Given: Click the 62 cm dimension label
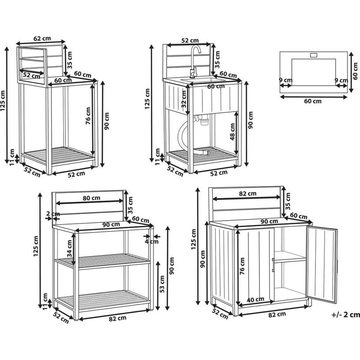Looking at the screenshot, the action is pyautogui.click(x=42, y=38).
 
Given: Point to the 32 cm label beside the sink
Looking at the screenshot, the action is pyautogui.click(x=184, y=99).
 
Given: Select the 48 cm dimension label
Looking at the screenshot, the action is pyautogui.click(x=232, y=132).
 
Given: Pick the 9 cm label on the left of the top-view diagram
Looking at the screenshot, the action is pyautogui.click(x=285, y=80).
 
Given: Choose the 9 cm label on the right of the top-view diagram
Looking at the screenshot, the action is pyautogui.click(x=341, y=80).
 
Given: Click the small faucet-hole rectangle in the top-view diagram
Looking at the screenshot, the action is pyautogui.click(x=314, y=55).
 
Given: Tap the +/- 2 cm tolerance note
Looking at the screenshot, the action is pyautogui.click(x=345, y=315).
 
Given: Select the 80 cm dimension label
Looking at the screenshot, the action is pyautogui.click(x=91, y=198).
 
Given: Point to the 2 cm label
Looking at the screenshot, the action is pyautogui.click(x=53, y=214).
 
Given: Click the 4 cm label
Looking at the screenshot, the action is pyautogui.click(x=151, y=241).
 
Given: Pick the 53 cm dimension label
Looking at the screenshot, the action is pyautogui.click(x=162, y=284).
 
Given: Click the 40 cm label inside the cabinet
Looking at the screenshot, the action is pyautogui.click(x=255, y=300).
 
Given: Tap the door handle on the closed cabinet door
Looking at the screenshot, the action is pyautogui.click(x=273, y=265).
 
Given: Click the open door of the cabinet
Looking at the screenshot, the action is pyautogui.click(x=322, y=264).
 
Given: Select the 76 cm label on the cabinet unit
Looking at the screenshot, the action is pyautogui.click(x=242, y=266).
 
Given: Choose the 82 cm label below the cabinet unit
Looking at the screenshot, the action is pyautogui.click(x=277, y=315).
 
